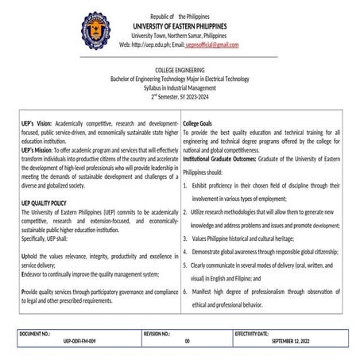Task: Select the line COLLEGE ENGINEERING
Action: pyautogui.click(x=180, y=71)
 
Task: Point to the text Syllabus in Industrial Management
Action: pyautogui.click(x=180, y=88)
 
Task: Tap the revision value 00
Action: pyautogui.click(x=187, y=343)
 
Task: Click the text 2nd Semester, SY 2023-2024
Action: pyautogui.click(x=180, y=97)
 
